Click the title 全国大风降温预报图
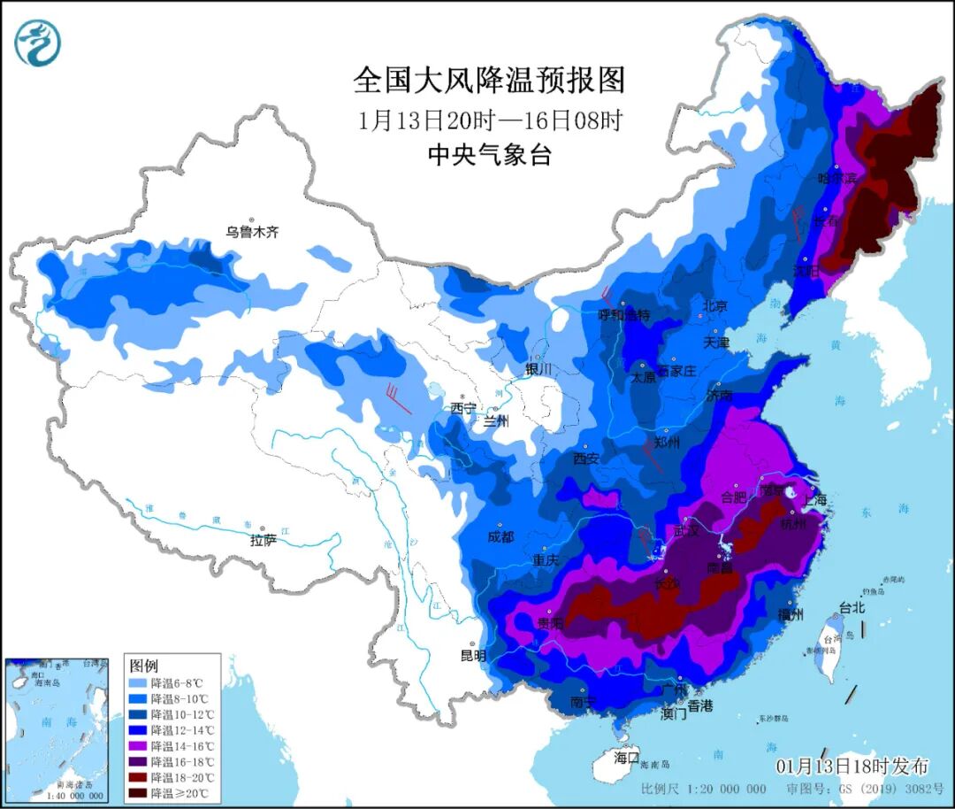(x=489, y=81)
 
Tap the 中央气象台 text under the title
(x=489, y=155)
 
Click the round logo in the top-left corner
(x=38, y=42)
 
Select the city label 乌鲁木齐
(x=252, y=233)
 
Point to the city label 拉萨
(x=263, y=539)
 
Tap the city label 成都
(x=500, y=535)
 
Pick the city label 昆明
(x=473, y=656)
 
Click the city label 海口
(x=626, y=758)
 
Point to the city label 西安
(x=586, y=458)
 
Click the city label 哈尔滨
(x=837, y=178)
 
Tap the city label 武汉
(x=686, y=531)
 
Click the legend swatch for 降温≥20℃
(x=137, y=793)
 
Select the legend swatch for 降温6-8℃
(x=137, y=683)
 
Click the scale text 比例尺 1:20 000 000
(x=704, y=789)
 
